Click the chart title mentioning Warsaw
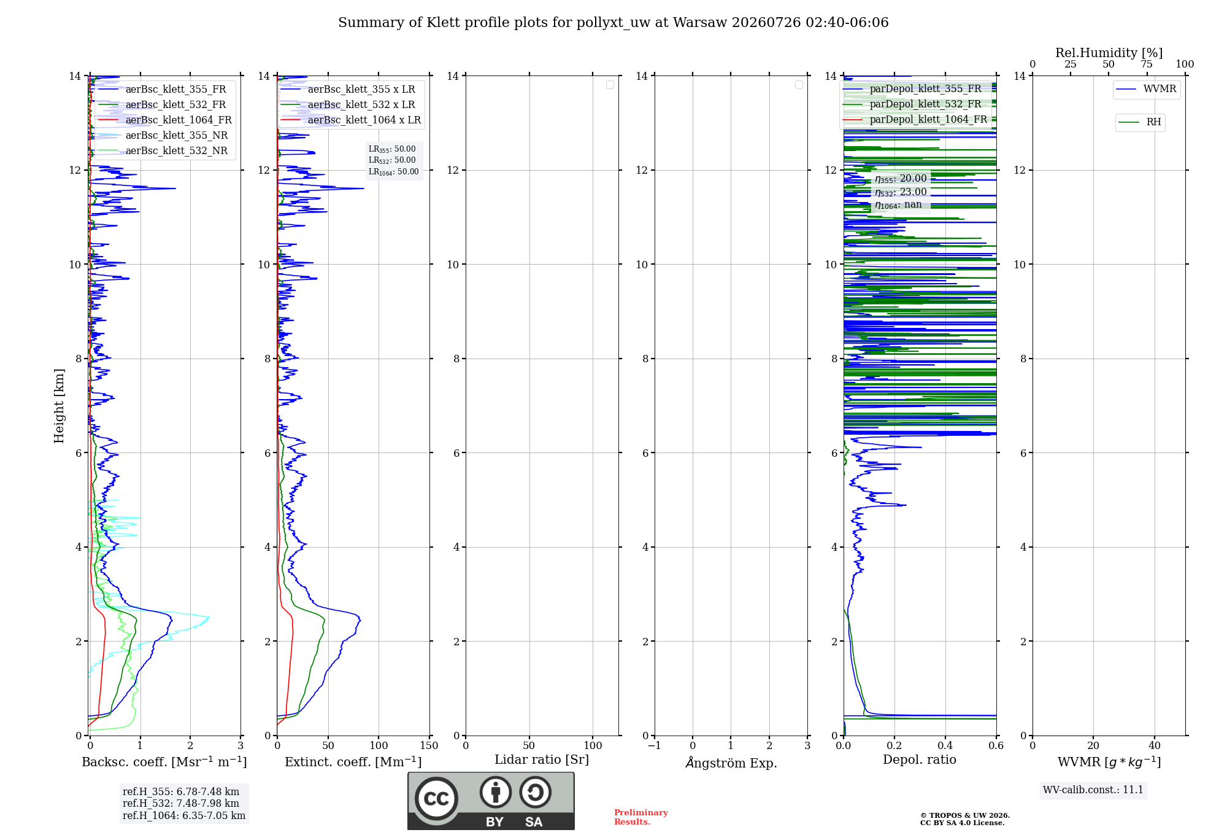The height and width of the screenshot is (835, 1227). point(613,23)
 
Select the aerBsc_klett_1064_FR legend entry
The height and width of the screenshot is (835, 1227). point(164,120)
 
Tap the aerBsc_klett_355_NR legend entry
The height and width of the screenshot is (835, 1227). point(163,135)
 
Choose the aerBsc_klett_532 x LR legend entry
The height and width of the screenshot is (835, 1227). point(347,104)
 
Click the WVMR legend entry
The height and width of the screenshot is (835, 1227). point(1146,89)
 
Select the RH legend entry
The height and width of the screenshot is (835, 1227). point(1140,122)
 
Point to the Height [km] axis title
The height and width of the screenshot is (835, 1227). point(59,406)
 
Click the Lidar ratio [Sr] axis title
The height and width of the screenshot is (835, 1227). point(542,759)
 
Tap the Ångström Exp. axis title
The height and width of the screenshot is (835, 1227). point(731,763)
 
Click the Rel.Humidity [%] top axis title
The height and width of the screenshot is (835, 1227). point(1109,53)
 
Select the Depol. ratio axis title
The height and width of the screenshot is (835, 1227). point(920,759)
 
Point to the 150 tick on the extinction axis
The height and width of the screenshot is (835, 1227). point(429,745)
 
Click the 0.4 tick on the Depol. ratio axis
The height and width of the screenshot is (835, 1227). point(945,745)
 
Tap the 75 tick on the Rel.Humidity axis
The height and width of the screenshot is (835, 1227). point(1147,64)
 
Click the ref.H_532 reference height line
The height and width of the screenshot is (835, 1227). point(181,804)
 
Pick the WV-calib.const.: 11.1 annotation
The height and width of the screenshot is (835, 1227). point(1093,790)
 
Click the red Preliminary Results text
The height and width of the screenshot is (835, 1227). point(641,817)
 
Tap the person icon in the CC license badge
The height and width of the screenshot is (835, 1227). point(496,792)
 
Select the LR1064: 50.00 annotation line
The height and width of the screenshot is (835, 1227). point(394,172)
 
